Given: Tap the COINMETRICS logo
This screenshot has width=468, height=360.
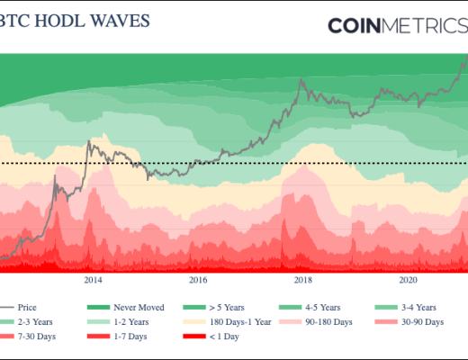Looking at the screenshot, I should (397, 25).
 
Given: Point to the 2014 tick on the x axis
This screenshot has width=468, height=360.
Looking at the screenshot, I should (93, 280).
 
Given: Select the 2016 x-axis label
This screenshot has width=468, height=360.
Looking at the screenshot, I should (197, 280).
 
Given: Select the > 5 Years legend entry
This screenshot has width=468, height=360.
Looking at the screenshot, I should (230, 307).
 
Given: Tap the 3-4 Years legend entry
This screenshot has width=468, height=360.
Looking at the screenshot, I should (421, 307).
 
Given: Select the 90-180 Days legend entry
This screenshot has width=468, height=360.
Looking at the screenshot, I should (331, 321).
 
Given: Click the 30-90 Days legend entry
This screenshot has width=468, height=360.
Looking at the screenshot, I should (421, 321).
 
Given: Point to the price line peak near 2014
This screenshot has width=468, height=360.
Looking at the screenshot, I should (89, 140).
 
